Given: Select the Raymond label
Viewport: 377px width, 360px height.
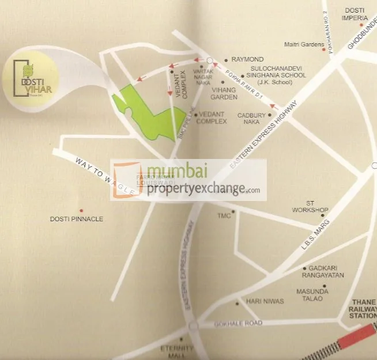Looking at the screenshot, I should (247, 59).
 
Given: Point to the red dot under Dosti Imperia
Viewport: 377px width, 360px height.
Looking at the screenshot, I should (361, 25).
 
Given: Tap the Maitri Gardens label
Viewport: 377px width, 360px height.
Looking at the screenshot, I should (303, 44).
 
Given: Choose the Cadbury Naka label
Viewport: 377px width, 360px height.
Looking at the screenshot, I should (252, 118).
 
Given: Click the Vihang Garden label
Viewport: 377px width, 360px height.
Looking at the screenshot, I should (224, 94).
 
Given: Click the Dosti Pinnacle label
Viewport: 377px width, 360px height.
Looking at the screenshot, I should (77, 219).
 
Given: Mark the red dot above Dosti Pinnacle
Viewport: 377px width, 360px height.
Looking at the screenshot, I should (81, 210).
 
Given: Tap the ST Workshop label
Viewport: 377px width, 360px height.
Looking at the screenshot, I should (310, 206).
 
